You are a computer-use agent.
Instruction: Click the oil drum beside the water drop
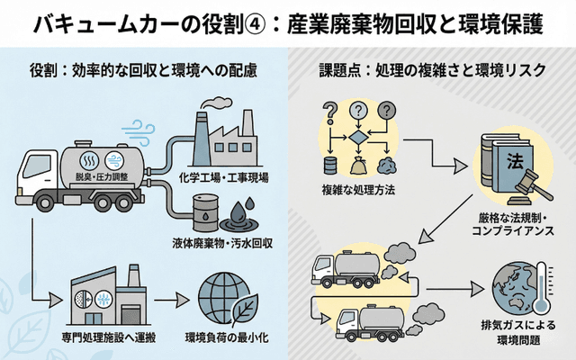(x=206, y=214)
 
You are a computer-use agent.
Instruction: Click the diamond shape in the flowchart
(x=358, y=137)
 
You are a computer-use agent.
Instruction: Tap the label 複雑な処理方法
(x=358, y=190)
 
